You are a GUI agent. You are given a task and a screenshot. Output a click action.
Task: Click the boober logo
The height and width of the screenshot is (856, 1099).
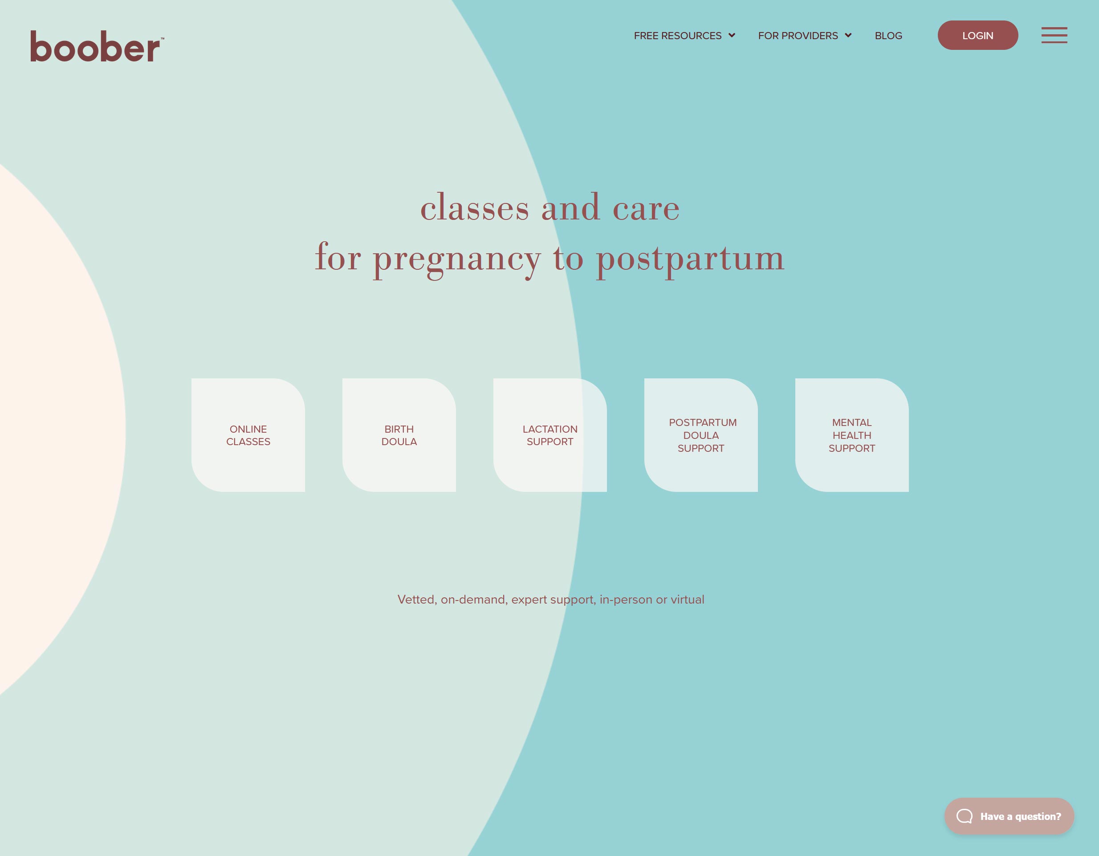click(x=97, y=46)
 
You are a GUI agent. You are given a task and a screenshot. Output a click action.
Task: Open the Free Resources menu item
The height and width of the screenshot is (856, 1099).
click(x=677, y=36)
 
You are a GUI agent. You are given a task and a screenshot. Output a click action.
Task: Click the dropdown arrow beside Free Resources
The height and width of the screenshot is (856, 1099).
click(x=732, y=35)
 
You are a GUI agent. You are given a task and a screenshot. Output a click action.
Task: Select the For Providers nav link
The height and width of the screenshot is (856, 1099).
click(x=798, y=36)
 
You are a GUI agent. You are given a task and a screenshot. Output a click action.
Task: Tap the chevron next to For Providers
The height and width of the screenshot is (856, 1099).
click(x=848, y=35)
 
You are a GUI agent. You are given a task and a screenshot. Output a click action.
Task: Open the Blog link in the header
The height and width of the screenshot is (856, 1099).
click(x=888, y=36)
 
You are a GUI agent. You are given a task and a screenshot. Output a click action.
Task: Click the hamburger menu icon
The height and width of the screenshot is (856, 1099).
click(x=1054, y=35)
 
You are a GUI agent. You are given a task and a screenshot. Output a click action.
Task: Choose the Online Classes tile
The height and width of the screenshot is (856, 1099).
click(x=248, y=435)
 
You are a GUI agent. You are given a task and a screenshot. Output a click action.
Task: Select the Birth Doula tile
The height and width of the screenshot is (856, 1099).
click(x=399, y=435)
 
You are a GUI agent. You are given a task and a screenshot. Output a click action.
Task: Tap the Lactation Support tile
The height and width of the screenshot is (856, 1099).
click(x=550, y=435)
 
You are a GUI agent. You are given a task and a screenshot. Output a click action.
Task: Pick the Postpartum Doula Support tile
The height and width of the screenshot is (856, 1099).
click(x=701, y=435)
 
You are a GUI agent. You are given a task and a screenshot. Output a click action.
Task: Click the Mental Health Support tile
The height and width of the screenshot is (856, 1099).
click(x=852, y=435)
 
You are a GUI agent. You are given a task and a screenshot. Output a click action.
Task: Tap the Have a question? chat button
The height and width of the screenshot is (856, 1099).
click(x=1009, y=816)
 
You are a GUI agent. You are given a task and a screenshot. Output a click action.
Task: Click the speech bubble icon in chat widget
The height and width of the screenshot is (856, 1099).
click(x=964, y=816)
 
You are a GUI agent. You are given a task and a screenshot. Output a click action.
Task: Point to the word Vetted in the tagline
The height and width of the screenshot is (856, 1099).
click(x=417, y=600)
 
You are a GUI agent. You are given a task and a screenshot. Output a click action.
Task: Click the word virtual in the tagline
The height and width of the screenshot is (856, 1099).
click(x=688, y=600)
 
